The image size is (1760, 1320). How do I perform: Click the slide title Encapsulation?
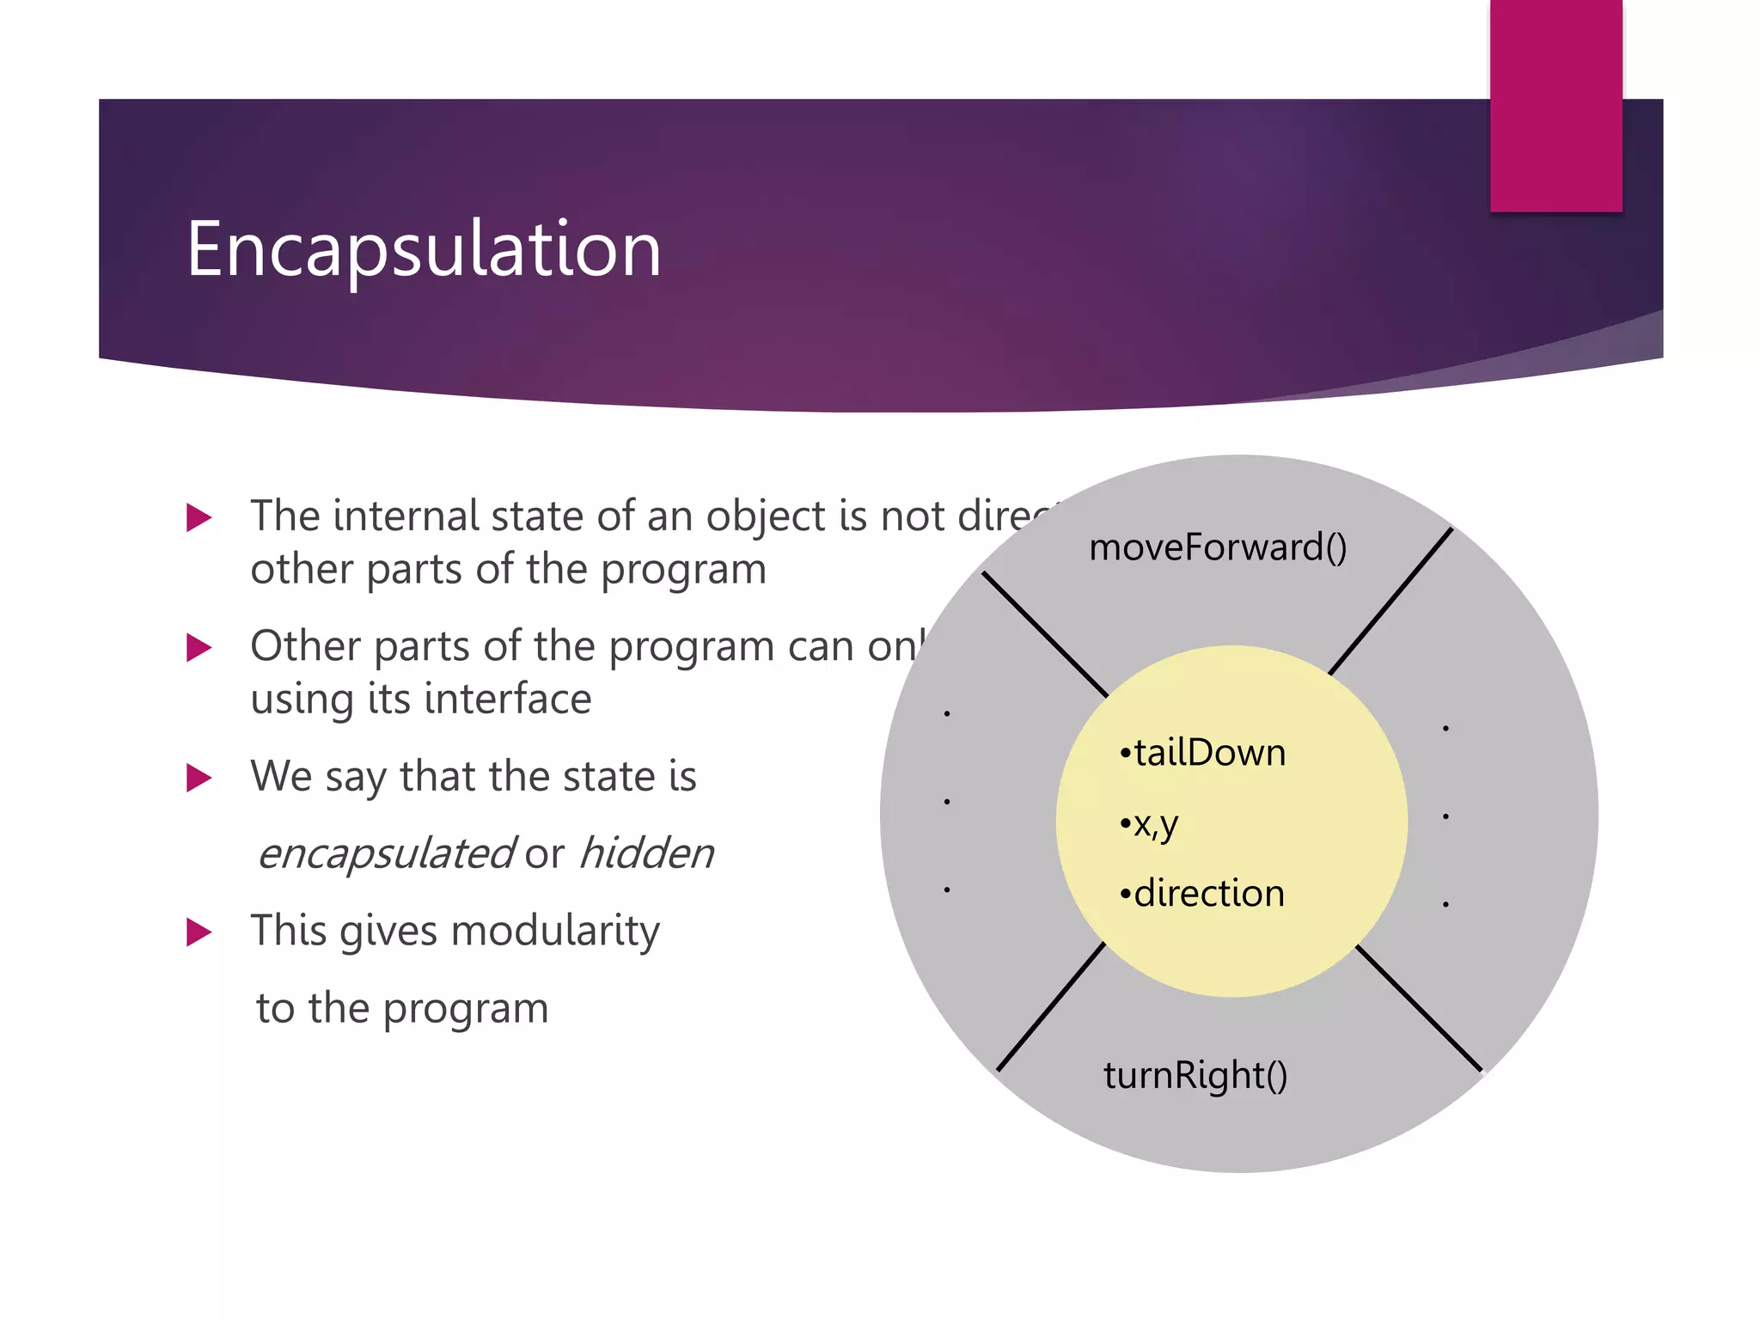[424, 249]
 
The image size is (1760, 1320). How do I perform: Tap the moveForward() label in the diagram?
[1217, 548]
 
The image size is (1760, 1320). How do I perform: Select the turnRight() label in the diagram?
[1195, 1076]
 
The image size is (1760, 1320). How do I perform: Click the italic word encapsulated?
[386, 853]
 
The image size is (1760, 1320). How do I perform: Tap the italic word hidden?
[646, 853]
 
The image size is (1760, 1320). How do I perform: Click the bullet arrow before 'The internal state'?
[199, 518]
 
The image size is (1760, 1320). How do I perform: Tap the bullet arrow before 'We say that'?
[199, 779]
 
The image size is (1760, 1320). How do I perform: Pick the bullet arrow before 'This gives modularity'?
[199, 932]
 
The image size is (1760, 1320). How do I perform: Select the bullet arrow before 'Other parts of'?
[199, 648]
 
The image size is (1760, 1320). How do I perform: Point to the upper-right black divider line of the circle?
[1390, 601]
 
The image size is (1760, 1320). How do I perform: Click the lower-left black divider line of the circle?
[1050, 1007]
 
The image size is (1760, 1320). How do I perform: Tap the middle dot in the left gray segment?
[946, 802]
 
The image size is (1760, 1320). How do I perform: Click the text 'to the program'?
[402, 1009]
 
